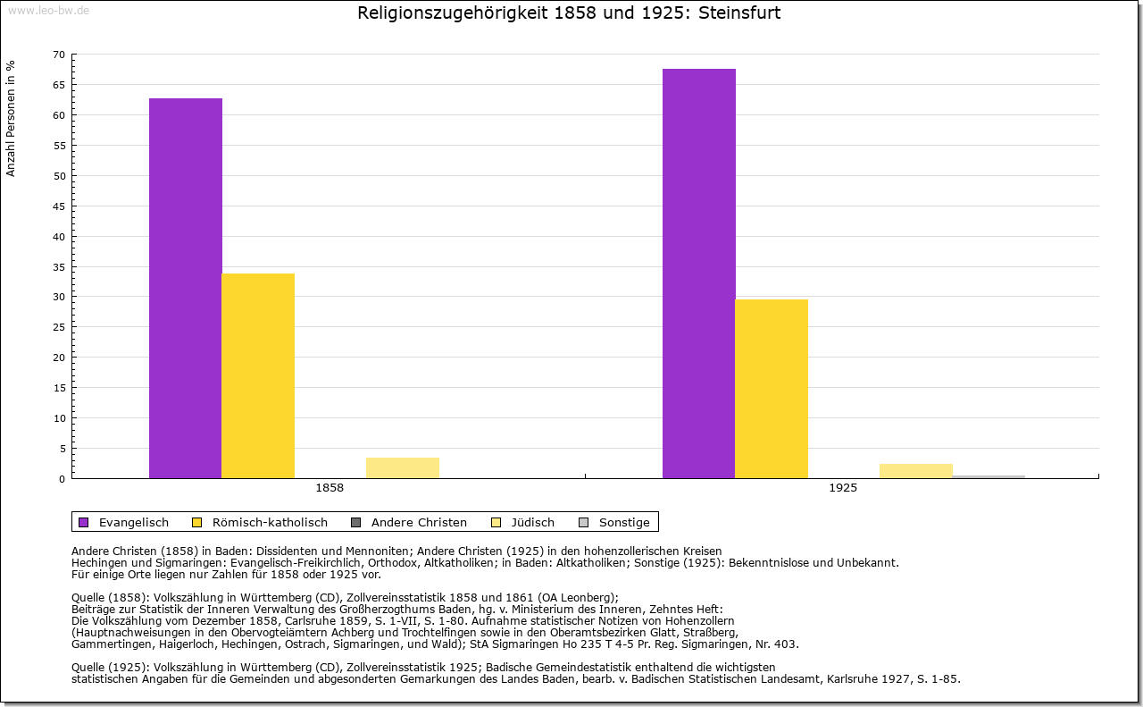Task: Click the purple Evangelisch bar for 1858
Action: [186, 288]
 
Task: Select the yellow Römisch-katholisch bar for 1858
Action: [258, 375]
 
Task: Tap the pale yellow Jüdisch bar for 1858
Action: [403, 468]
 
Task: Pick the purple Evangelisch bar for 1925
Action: [699, 274]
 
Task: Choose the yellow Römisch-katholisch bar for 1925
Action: [772, 389]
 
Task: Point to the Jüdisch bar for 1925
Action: [916, 471]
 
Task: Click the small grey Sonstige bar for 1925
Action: [989, 476]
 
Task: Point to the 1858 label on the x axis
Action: [330, 489]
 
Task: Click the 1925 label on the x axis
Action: [843, 489]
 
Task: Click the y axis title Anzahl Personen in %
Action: [11, 118]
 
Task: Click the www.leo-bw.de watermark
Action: [47, 10]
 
